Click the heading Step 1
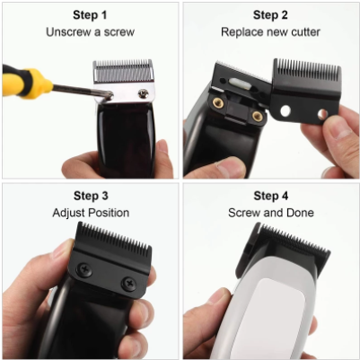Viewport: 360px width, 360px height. [x=90, y=15]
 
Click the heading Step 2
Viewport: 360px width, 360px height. [x=270, y=15]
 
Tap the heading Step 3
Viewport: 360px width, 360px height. [x=90, y=196]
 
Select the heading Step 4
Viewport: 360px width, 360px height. [x=270, y=196]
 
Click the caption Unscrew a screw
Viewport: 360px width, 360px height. [x=90, y=32]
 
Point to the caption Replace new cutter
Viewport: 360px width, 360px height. [x=270, y=32]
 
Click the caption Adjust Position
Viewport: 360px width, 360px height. [x=90, y=213]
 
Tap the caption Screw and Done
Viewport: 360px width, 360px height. [x=270, y=213]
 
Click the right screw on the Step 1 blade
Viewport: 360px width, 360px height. [x=143, y=92]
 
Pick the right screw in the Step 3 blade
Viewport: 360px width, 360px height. [x=127, y=284]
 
